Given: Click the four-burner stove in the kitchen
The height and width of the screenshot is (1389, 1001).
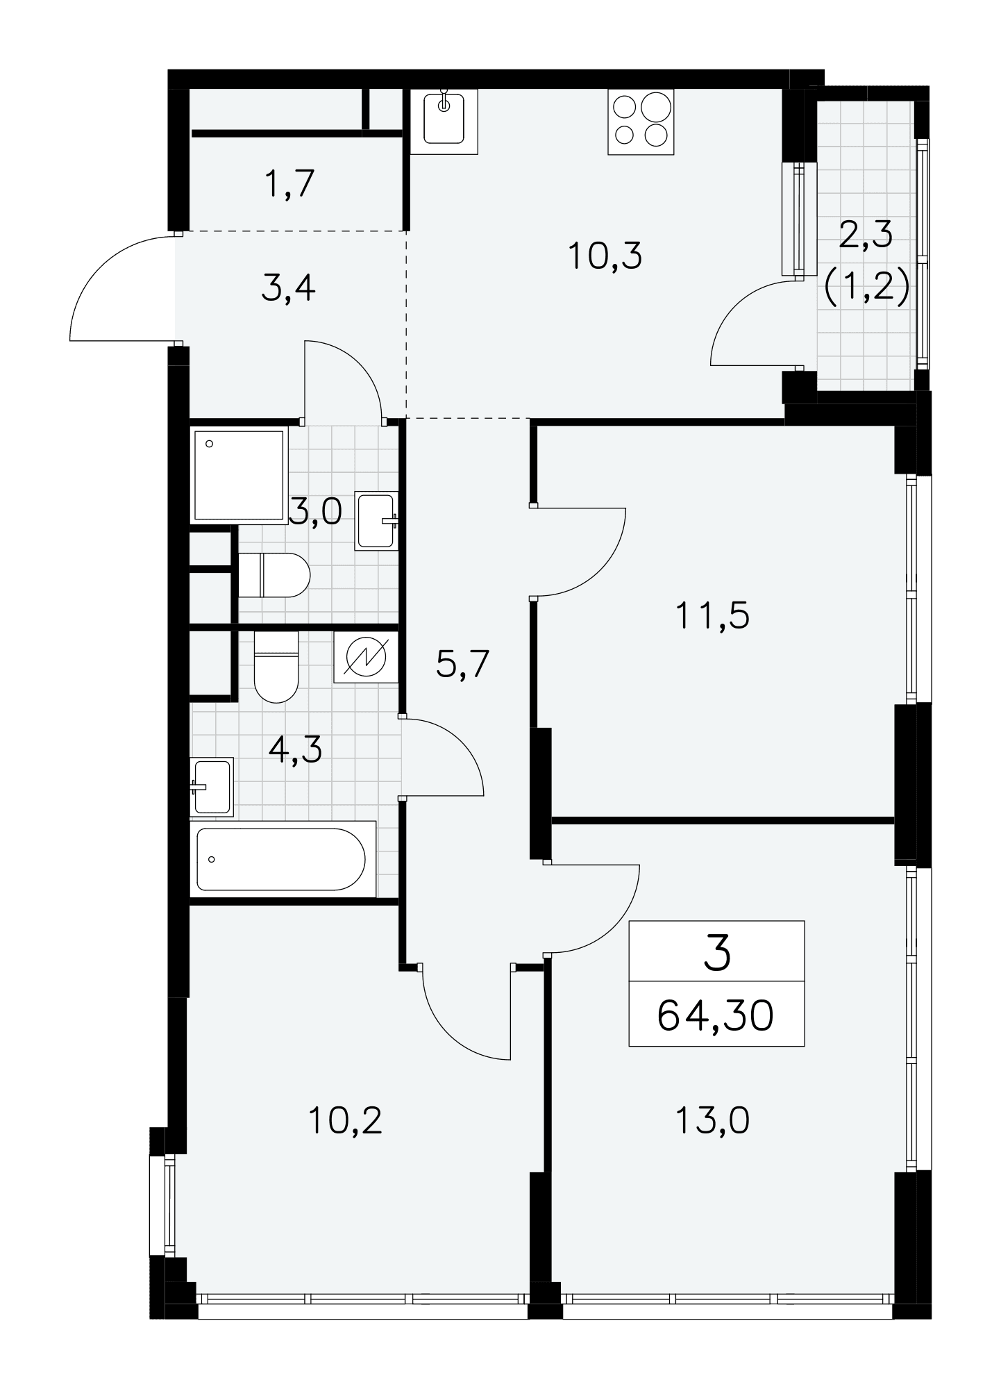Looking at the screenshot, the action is pyautogui.click(x=641, y=122).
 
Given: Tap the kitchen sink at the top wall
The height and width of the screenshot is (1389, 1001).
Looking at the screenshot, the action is pyautogui.click(x=444, y=122).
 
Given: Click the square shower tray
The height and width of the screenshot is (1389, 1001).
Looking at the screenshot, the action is pyautogui.click(x=239, y=476).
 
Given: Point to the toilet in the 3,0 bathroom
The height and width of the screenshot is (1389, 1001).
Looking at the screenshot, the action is pyautogui.click(x=274, y=575).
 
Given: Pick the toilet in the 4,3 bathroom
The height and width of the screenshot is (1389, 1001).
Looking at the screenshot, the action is pyautogui.click(x=276, y=666).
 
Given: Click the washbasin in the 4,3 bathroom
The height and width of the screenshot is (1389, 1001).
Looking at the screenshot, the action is pyautogui.click(x=212, y=787).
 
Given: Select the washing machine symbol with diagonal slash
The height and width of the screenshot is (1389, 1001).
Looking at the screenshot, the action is pyautogui.click(x=366, y=657).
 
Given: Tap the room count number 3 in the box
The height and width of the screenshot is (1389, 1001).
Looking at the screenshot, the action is pyautogui.click(x=717, y=954).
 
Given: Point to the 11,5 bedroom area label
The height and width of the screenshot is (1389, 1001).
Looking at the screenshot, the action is pyautogui.click(x=712, y=615).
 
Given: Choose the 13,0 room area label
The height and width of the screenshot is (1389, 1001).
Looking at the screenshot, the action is pyautogui.click(x=712, y=1140).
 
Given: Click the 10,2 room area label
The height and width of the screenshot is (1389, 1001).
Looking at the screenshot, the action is pyautogui.click(x=345, y=1140).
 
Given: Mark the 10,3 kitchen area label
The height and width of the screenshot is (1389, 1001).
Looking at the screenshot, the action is pyautogui.click(x=605, y=256).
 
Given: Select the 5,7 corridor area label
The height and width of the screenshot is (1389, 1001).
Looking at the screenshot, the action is pyautogui.click(x=463, y=665).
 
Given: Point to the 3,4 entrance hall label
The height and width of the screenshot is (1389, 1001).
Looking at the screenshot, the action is pyautogui.click(x=289, y=289).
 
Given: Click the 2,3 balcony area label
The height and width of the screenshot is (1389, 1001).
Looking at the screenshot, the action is pyautogui.click(x=866, y=235).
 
